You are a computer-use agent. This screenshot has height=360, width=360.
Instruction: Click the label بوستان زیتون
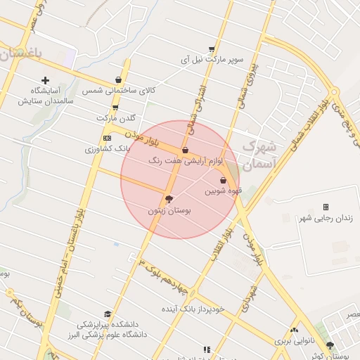coord(169,210)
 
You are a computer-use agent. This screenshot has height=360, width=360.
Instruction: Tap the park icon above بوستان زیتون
coord(169,199)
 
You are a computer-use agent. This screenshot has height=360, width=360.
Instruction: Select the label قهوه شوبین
coord(223,191)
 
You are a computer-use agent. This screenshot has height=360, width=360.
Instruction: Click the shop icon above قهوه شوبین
coord(223,181)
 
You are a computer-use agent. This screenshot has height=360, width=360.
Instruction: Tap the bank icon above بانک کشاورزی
coord(107,139)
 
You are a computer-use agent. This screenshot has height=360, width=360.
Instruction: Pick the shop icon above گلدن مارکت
coord(115,108)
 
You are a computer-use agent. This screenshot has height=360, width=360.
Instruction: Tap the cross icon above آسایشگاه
coord(46,81)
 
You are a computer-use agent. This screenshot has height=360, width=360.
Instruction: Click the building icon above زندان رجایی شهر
coord(325,207)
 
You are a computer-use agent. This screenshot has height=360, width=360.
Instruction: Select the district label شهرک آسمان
coord(259,156)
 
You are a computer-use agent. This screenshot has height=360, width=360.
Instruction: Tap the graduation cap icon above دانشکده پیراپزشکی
coord(108,314)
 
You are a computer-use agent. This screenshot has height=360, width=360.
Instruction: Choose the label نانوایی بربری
coord(292,341)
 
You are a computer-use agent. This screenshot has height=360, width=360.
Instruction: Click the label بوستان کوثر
coord(330,356)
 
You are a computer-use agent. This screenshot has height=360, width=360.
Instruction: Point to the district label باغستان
coord(20,53)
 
